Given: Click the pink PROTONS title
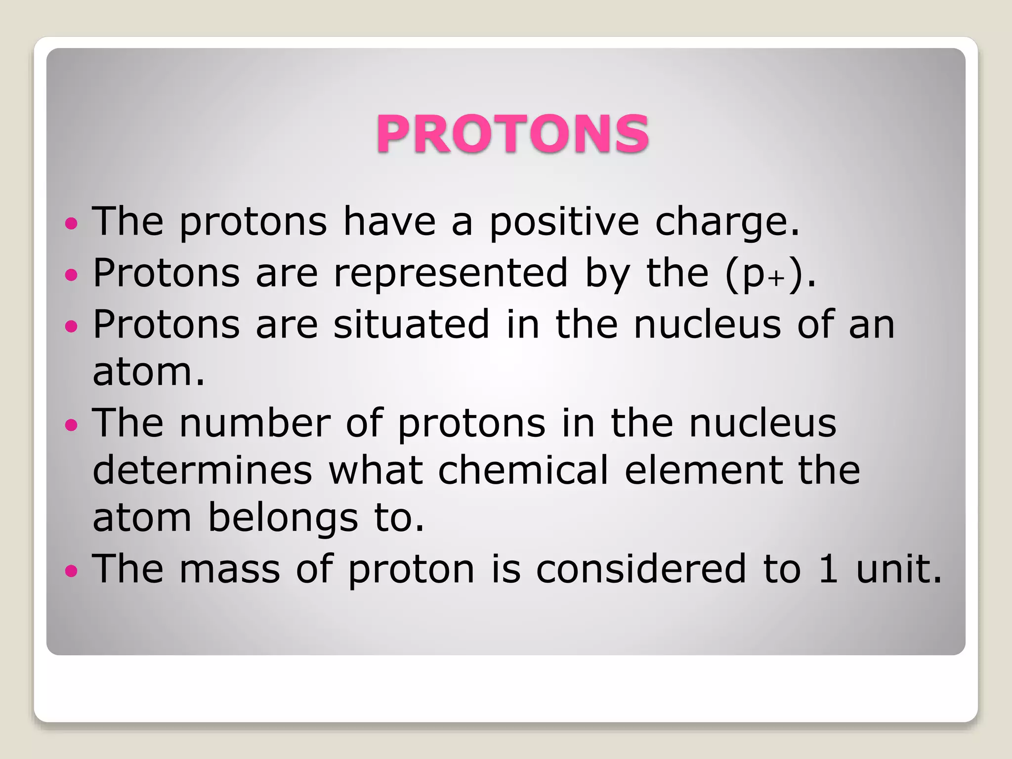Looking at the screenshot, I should (x=512, y=133).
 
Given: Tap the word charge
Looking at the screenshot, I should (x=726, y=222).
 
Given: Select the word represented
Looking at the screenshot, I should (x=451, y=273).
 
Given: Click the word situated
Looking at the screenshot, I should (x=411, y=324).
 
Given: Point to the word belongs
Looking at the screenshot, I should (x=283, y=519).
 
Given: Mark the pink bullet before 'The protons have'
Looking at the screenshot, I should (x=71, y=223).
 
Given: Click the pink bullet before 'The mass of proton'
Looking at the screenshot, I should (x=71, y=571).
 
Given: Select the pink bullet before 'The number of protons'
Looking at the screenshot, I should (x=71, y=425).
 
